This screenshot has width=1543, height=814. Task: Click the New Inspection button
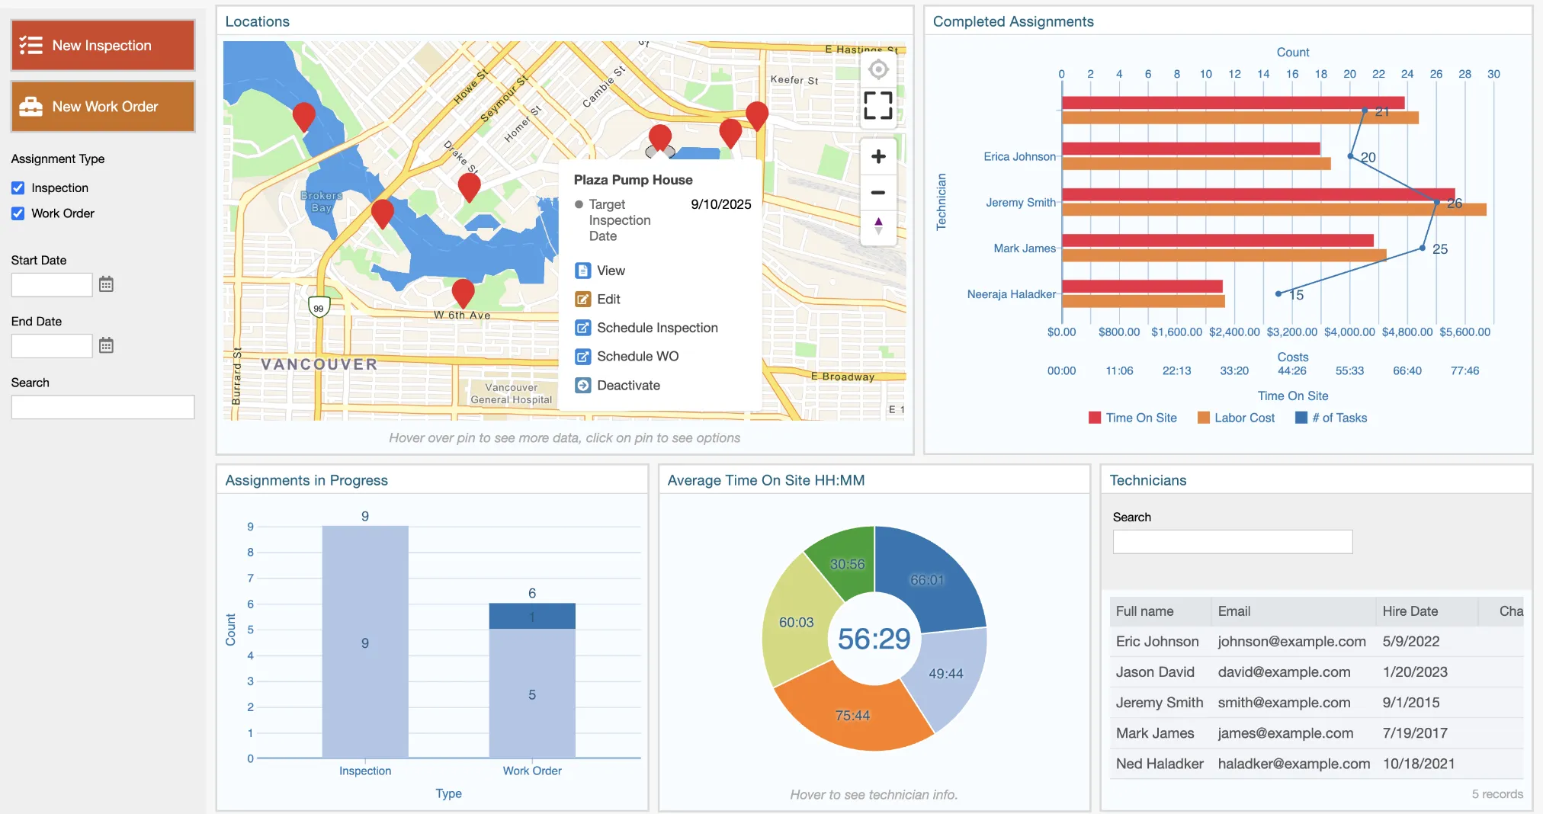click(x=103, y=46)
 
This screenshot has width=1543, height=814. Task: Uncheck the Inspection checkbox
click(x=18, y=188)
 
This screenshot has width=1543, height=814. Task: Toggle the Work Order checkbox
click(x=18, y=214)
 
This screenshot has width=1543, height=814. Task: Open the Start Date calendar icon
click(x=106, y=284)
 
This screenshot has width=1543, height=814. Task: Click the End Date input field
click(x=52, y=346)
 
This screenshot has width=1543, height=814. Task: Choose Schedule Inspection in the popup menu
click(x=656, y=328)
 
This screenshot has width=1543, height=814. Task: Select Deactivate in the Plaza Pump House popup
click(x=627, y=386)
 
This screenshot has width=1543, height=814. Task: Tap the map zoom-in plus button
click(x=878, y=156)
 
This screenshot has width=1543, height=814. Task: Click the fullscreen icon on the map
click(x=878, y=105)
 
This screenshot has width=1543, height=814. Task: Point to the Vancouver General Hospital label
click(x=511, y=393)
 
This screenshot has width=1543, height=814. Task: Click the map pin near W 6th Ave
click(x=463, y=291)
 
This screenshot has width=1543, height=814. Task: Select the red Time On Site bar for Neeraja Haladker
click(x=1141, y=287)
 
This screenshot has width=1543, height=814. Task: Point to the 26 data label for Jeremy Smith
click(x=1455, y=203)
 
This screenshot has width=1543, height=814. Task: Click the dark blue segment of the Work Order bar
click(x=532, y=616)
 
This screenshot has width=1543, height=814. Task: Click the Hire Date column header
click(x=1410, y=611)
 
